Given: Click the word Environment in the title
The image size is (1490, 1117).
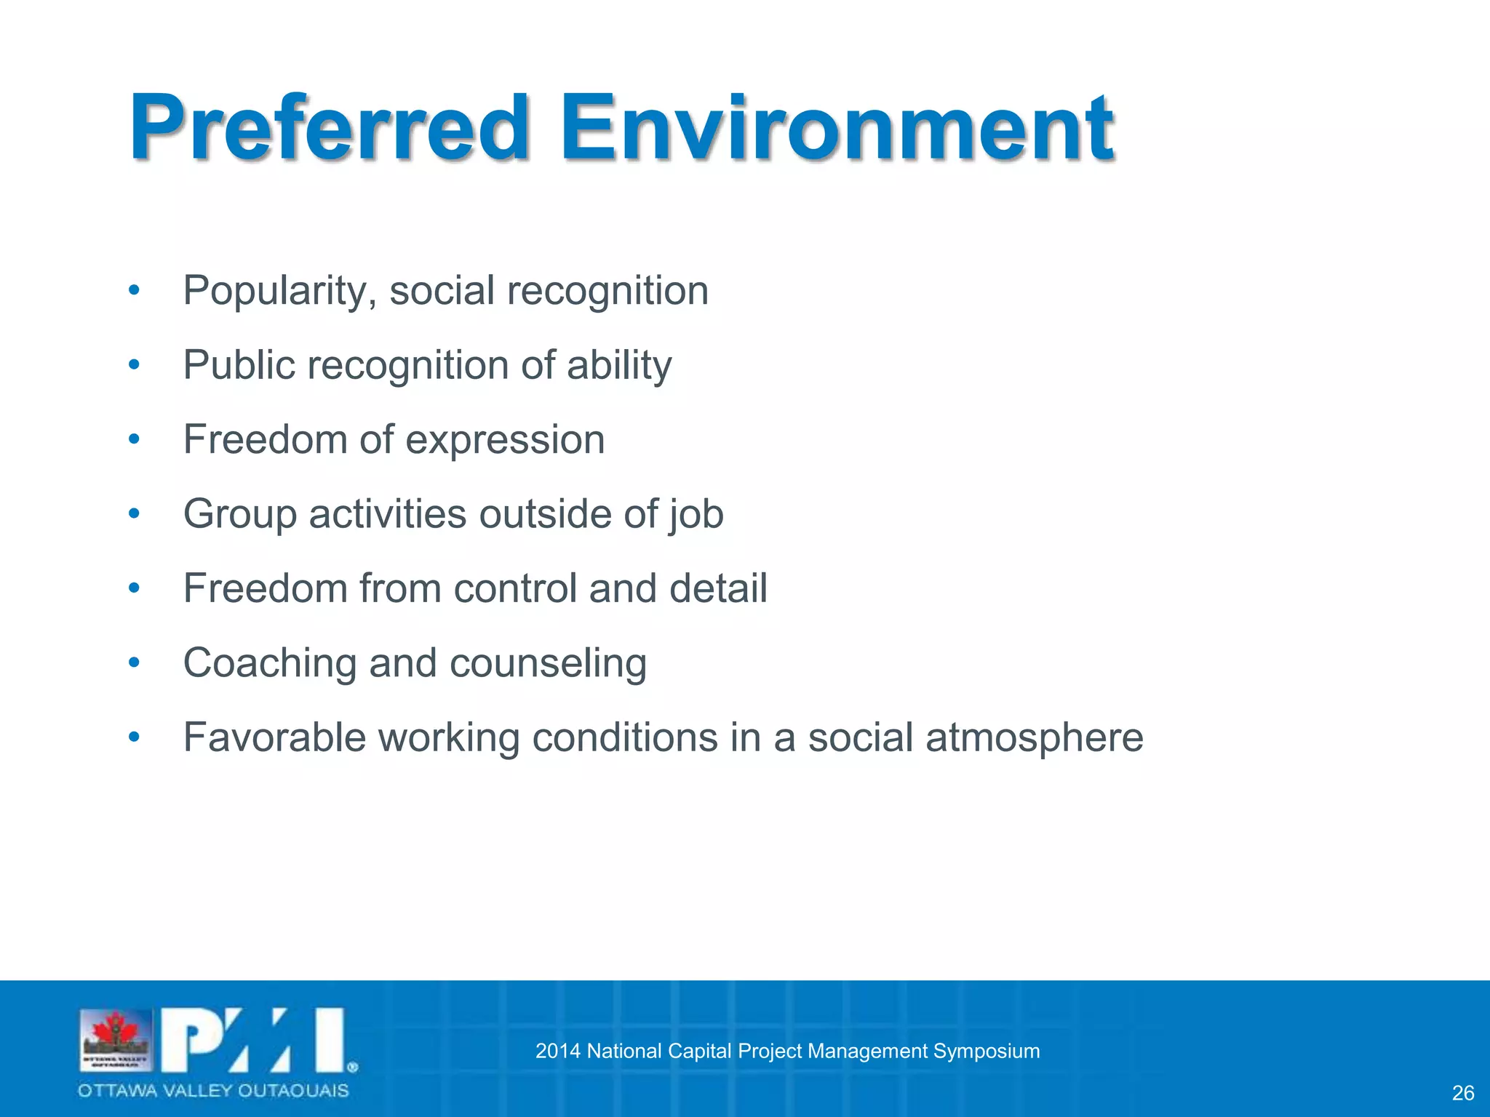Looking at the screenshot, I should pos(837,129).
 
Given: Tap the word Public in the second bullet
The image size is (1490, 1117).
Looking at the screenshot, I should pos(238,365).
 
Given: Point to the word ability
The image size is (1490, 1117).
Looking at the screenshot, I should pos(619,366).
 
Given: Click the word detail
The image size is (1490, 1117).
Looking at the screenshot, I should pos(718,588).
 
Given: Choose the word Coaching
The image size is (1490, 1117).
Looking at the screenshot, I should pos(270,664).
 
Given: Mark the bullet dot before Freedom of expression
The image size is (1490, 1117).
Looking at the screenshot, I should pos(133,439).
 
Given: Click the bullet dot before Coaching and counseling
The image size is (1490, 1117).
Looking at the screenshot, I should pos(133,662).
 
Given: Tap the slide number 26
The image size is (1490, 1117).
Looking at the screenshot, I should pos(1462,1093).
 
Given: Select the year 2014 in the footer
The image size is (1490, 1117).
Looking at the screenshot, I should pos(557,1052).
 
